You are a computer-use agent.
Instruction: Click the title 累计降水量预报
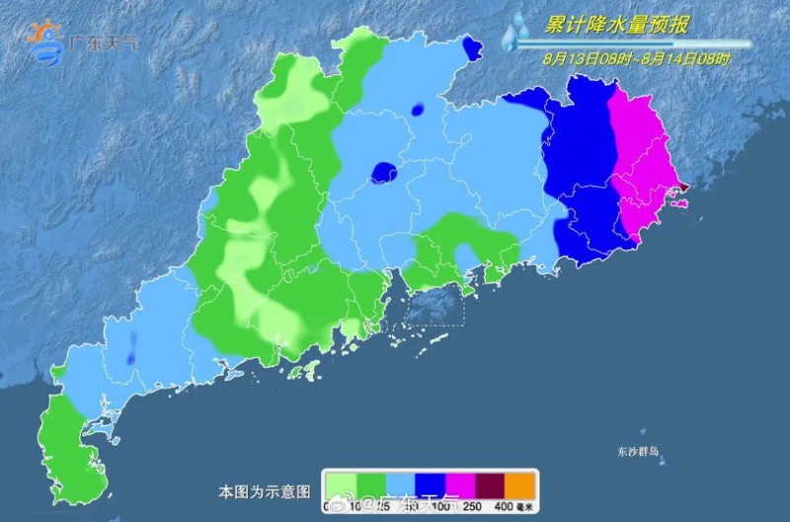point(618,24)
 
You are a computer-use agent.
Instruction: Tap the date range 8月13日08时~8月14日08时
point(637,58)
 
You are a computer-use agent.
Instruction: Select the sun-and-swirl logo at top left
point(45,41)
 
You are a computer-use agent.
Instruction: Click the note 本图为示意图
point(265,490)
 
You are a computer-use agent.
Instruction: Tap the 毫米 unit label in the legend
point(526,507)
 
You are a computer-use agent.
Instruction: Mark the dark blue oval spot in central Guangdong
point(383,173)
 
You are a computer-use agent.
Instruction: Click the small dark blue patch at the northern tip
point(471,46)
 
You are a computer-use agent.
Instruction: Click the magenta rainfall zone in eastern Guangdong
point(642,158)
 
